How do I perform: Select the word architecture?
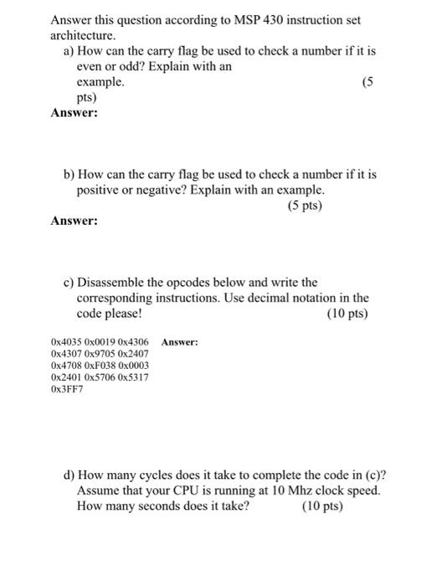coord(80,35)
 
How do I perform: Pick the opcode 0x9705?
coord(100,354)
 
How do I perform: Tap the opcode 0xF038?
coord(100,366)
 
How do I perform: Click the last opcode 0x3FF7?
coord(66,389)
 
